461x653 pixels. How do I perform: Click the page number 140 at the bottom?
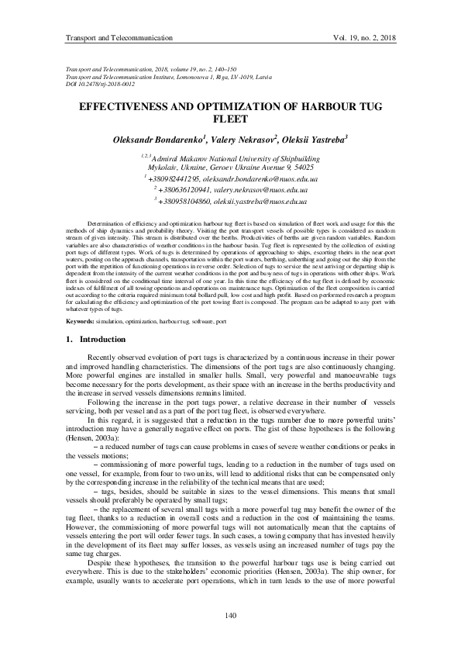[230, 616]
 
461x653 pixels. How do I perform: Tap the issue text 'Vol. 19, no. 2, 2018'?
[363, 37]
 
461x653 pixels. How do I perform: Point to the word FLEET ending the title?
[230, 119]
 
